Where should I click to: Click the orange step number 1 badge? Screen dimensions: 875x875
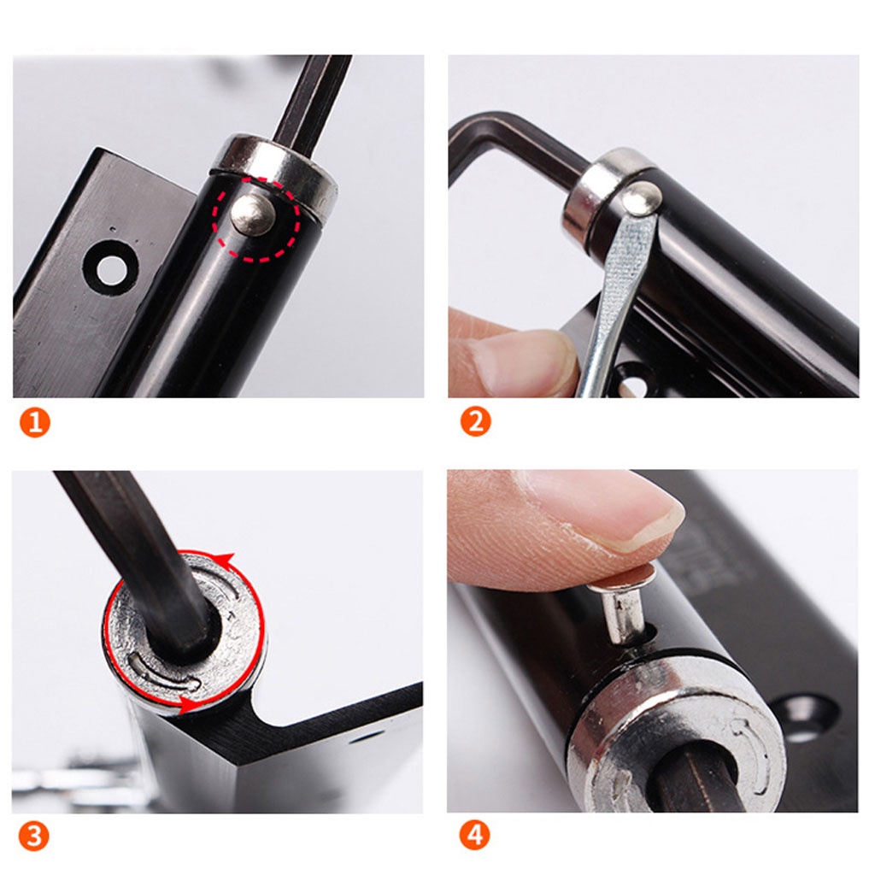click(x=34, y=422)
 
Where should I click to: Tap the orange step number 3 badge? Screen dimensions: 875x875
click(x=34, y=836)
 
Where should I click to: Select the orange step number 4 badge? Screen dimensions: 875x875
click(x=475, y=836)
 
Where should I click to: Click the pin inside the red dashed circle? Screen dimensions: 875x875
click(x=252, y=214)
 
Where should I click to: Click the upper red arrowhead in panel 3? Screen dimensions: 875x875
click(x=226, y=559)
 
